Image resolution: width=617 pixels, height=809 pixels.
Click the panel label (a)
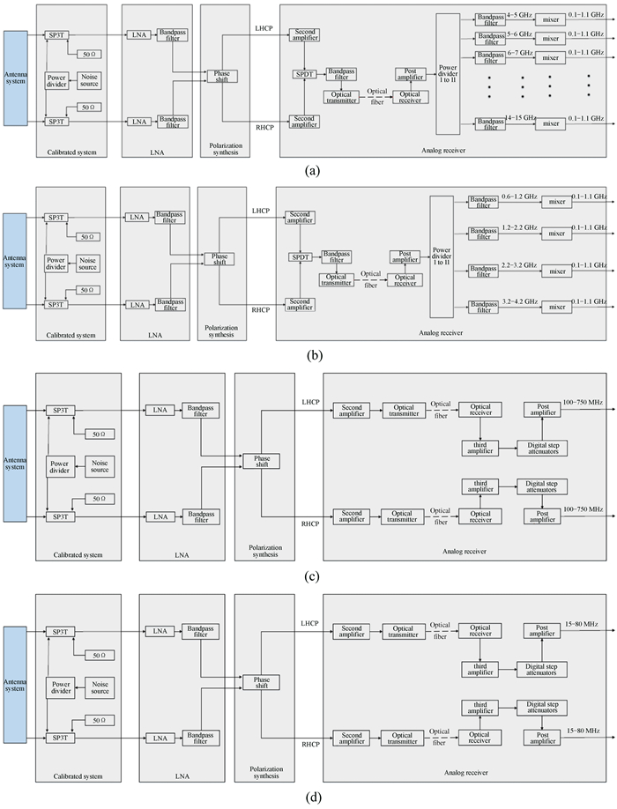pyautogui.click(x=308, y=170)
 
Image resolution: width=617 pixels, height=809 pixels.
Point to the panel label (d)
pyautogui.click(x=308, y=798)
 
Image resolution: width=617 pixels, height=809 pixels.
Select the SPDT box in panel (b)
pyautogui.click(x=301, y=257)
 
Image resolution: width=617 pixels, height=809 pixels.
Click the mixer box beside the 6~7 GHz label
pyautogui.click(x=551, y=56)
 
